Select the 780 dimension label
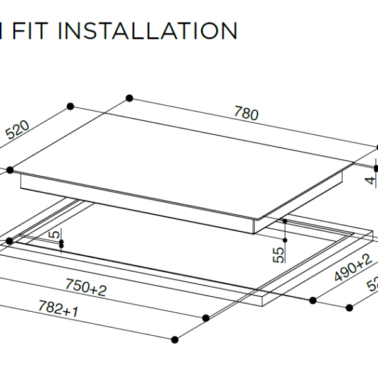click(246, 114)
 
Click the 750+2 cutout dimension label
click(87, 289)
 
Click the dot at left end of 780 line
click(130, 98)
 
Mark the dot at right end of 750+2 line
click(205, 318)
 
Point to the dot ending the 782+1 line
click(175, 340)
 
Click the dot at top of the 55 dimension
click(285, 222)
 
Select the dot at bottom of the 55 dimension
click(285, 241)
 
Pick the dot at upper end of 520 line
click(69, 105)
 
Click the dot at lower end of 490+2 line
click(312, 300)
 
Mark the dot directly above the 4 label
click(375, 168)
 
